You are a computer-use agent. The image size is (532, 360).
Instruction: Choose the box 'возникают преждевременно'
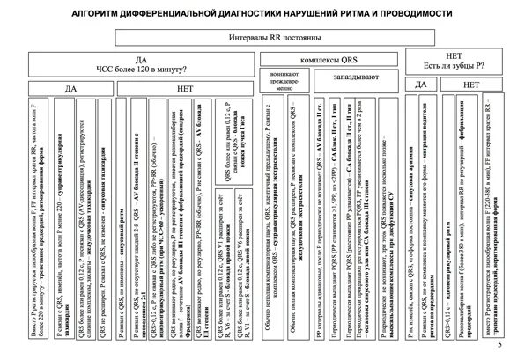coord(284,84)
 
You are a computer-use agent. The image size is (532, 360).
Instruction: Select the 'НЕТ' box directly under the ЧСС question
coord(186,88)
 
